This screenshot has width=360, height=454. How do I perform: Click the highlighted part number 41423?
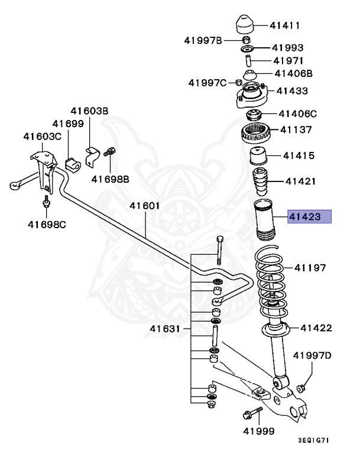click(309, 217)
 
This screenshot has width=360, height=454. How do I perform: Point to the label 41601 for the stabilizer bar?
click(145, 206)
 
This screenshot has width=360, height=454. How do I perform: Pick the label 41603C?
click(42, 137)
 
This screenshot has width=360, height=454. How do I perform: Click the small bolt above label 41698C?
click(46, 205)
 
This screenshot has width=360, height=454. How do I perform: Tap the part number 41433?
click(292, 91)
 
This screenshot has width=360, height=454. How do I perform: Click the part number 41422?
click(316, 327)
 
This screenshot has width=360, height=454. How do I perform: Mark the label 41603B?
click(90, 111)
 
